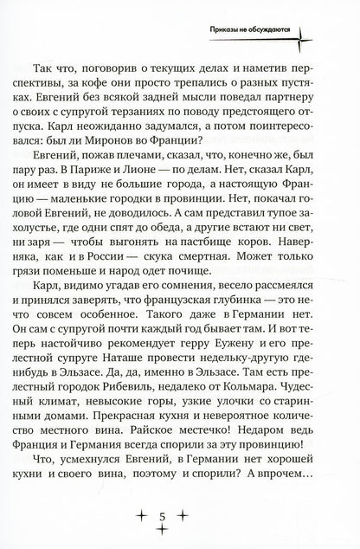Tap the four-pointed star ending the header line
[305, 36]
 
